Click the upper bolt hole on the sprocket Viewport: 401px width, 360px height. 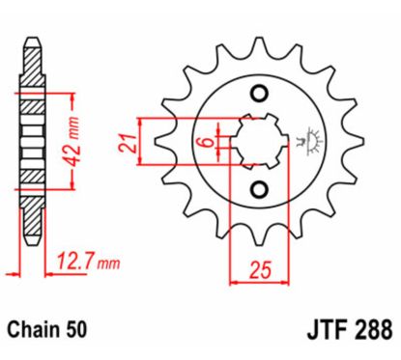(258, 94)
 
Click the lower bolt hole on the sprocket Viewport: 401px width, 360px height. (258, 188)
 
